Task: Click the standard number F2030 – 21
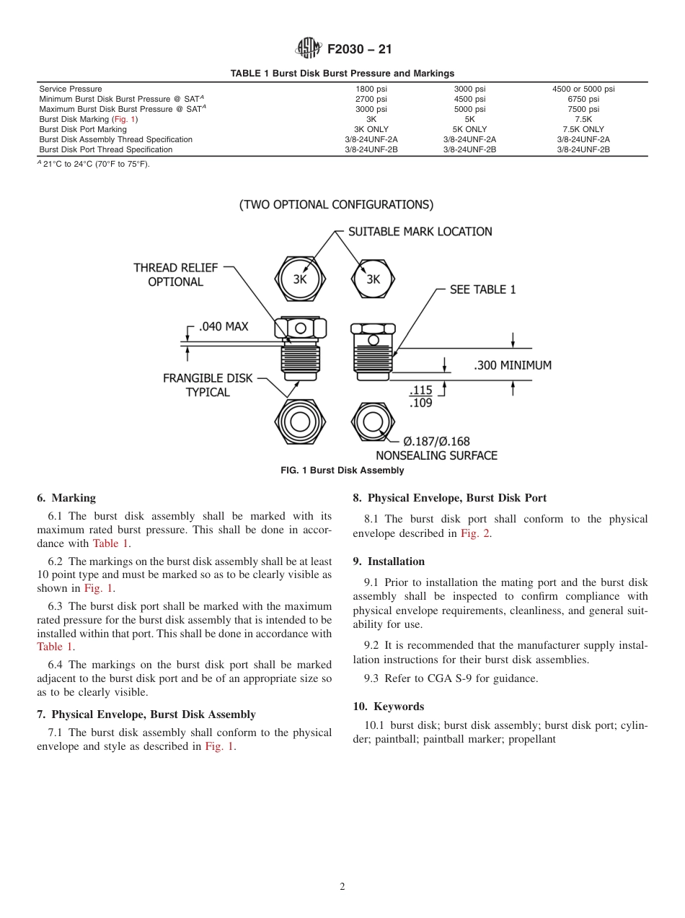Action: pos(359,49)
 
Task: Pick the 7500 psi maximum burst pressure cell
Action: pos(583,109)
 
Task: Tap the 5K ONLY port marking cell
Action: pos(469,129)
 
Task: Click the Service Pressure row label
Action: pos(71,89)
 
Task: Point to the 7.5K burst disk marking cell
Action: pos(583,119)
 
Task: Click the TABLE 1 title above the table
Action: pos(342,73)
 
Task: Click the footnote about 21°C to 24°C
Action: pos(94,164)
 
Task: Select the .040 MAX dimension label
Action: pos(223,326)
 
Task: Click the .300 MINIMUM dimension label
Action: pos(513,365)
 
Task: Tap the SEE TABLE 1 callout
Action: pos(482,289)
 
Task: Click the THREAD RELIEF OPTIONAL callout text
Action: pos(175,274)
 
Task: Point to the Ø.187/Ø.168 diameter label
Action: pos(436,441)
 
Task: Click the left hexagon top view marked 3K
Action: pos(300,279)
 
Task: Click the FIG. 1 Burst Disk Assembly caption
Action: pos(342,471)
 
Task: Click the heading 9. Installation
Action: pos(389,561)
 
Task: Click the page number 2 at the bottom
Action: pos(342,887)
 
